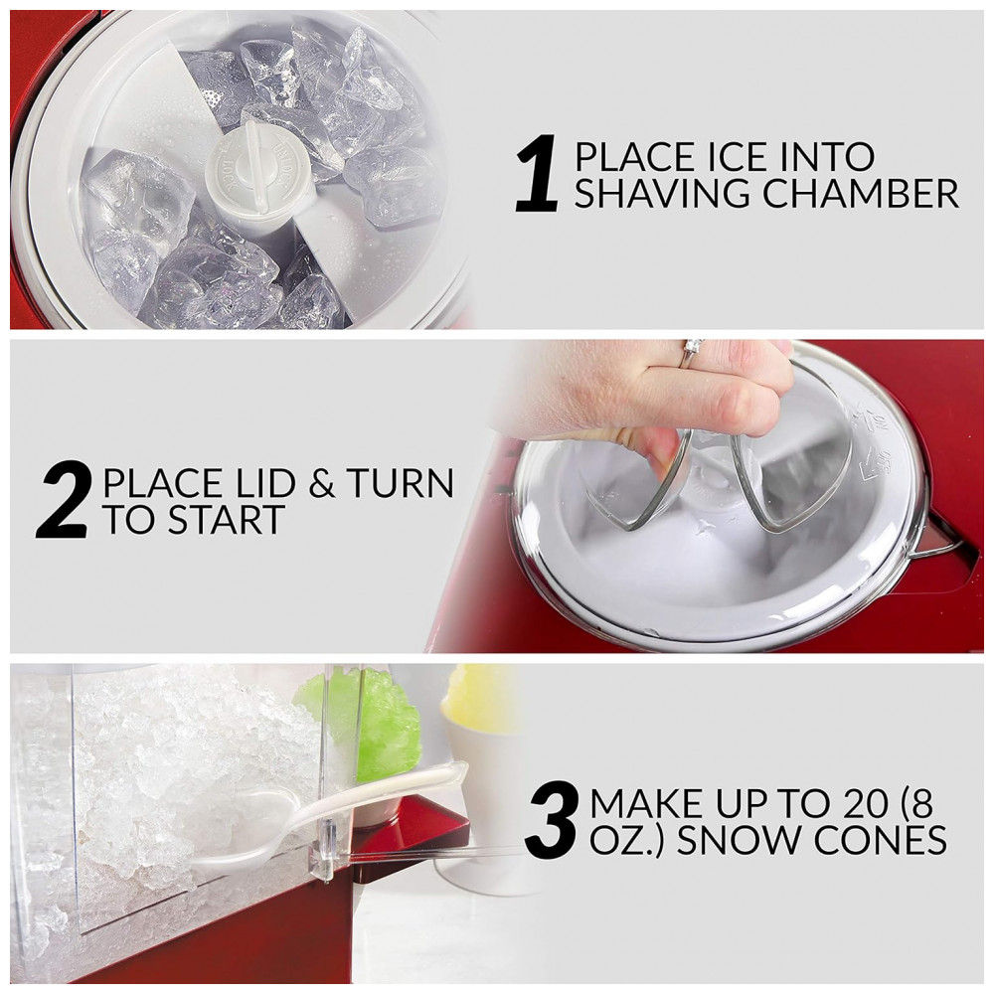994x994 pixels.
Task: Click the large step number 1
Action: [538, 172]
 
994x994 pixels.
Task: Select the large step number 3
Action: [552, 820]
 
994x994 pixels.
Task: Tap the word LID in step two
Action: [256, 483]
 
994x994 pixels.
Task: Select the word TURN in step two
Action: [401, 483]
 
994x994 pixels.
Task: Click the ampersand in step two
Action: [321, 483]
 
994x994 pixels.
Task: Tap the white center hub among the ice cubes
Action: [259, 179]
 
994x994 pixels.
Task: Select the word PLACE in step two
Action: [157, 483]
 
